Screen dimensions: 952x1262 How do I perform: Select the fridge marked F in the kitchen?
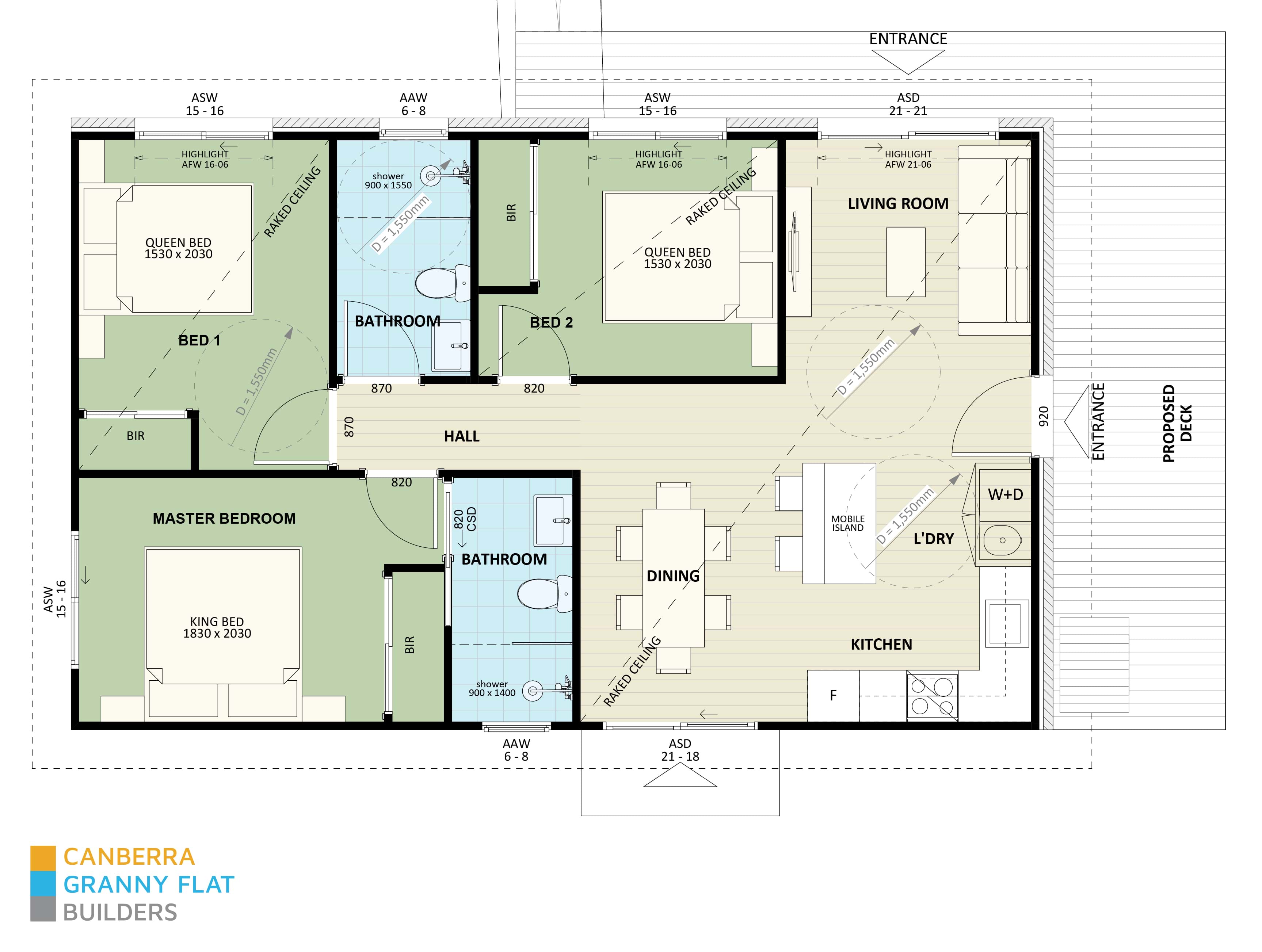pyautogui.click(x=833, y=695)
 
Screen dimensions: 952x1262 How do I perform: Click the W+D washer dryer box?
pyautogui.click(x=1005, y=494)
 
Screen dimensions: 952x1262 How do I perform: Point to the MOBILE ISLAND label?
pyautogui.click(x=848, y=523)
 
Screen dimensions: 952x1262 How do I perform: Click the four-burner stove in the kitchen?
pyautogui.click(x=932, y=696)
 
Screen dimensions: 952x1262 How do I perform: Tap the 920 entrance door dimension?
pyautogui.click(x=1044, y=416)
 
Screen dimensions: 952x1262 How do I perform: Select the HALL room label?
pyautogui.click(x=462, y=436)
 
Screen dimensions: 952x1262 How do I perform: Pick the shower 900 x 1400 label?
pyautogui.click(x=492, y=688)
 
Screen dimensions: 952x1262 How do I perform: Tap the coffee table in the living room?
pyautogui.click(x=905, y=263)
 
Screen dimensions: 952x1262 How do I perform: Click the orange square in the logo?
pyautogui.click(x=43, y=857)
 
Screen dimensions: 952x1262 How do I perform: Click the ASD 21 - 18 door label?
pyautogui.click(x=680, y=750)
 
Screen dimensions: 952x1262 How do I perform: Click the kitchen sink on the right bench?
pyautogui.click(x=1005, y=622)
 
